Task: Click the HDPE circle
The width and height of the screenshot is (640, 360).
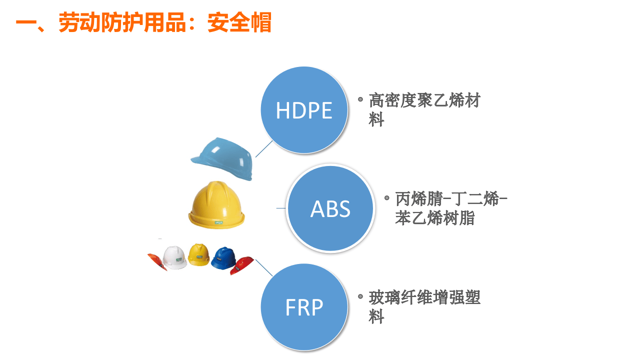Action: [x=304, y=110]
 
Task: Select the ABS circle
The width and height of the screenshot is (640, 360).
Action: [x=330, y=208]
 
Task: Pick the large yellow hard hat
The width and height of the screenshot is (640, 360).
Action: [x=217, y=205]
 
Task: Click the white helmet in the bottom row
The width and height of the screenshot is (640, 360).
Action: [x=175, y=257]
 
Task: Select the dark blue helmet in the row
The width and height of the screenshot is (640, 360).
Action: [x=223, y=258]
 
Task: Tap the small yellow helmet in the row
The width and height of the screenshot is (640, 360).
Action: [x=199, y=255]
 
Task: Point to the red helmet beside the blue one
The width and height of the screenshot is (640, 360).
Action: [x=242, y=265]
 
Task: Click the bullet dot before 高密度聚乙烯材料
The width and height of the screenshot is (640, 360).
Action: [x=360, y=99]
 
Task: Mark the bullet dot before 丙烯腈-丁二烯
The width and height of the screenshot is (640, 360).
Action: [x=387, y=197]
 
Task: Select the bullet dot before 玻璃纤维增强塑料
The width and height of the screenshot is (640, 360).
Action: [x=360, y=296]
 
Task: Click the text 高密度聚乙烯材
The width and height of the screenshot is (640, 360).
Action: [x=424, y=100]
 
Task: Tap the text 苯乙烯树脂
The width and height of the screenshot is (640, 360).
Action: [x=434, y=218]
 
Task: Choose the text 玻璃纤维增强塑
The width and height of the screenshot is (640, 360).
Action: [x=424, y=298]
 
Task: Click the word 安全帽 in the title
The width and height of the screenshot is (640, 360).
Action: [x=239, y=23]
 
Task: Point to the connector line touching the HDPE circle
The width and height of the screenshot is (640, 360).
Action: [x=264, y=148]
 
